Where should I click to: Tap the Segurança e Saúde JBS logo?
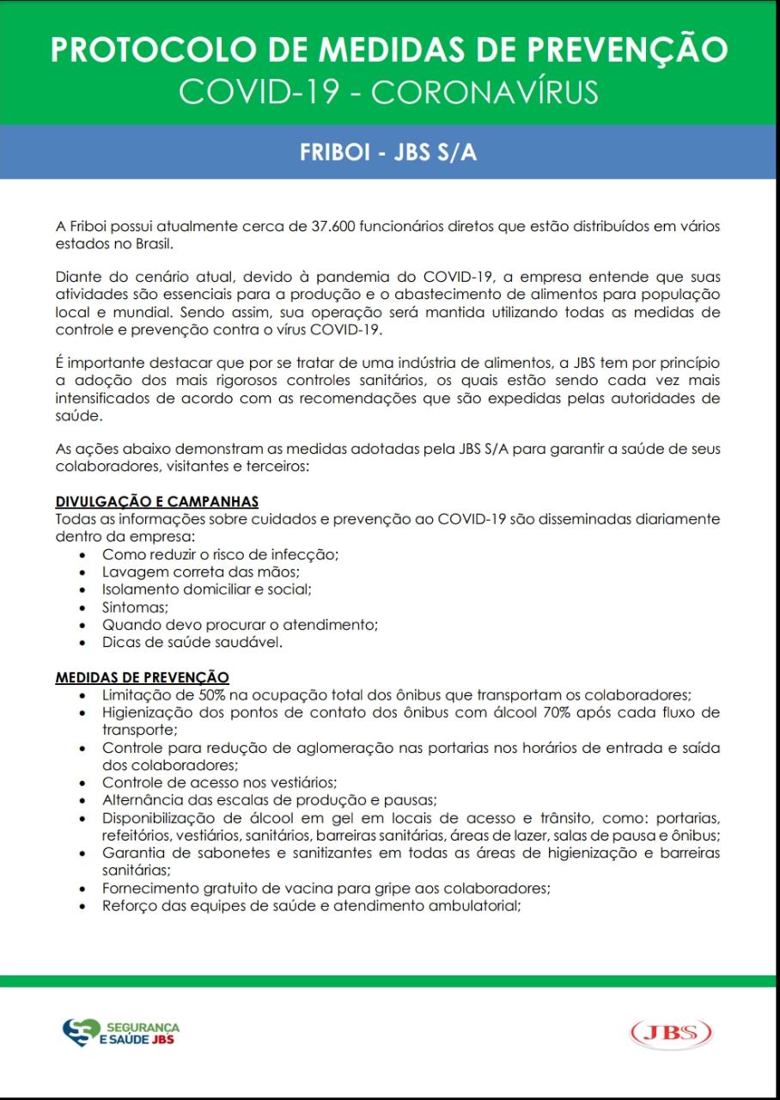point(121,1032)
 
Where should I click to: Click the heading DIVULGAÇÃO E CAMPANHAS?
point(157,502)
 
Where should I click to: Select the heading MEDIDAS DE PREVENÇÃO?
point(142,678)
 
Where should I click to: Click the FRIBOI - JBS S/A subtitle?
point(389,152)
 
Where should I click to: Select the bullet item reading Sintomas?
point(133,608)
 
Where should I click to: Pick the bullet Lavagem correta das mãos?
point(200,571)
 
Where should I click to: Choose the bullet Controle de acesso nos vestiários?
point(219,782)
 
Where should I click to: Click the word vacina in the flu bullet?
point(338,889)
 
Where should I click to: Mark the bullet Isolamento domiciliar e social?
point(206,590)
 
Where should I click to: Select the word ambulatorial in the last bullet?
point(478,906)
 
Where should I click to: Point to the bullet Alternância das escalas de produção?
point(270,799)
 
